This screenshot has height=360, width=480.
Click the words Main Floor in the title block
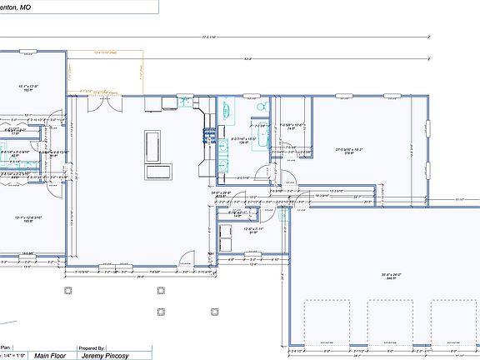[51, 354]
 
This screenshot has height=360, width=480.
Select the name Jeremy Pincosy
[104, 354]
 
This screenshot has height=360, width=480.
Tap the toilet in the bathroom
[261, 107]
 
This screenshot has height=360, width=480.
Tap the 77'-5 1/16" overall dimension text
[208, 37]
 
